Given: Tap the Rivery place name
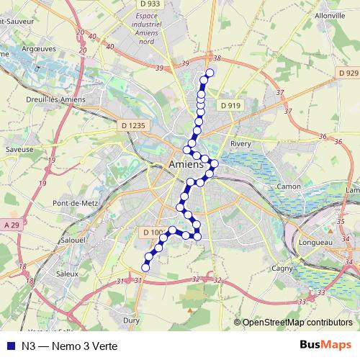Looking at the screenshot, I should coord(240,144).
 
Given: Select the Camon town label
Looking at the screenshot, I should coord(288,186).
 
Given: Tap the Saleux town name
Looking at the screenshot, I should coord(68,274).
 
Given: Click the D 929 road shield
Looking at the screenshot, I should coord(348,73).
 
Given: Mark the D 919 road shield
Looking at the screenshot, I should coord(230,105).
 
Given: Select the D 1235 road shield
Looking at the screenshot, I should coord(133,125).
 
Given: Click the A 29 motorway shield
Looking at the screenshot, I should coord(11,226).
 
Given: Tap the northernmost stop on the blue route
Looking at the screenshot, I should coord(210,73).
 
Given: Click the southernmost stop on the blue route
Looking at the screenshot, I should coord(145,268).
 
